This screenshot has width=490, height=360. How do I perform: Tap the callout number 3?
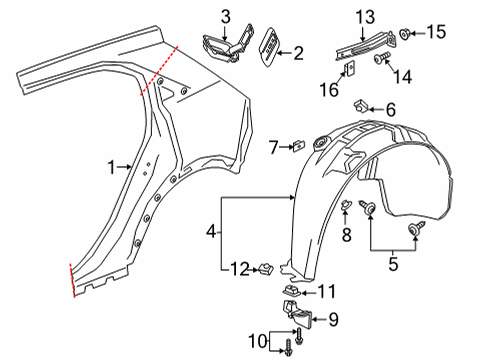226,15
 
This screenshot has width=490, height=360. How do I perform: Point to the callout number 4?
211,230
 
